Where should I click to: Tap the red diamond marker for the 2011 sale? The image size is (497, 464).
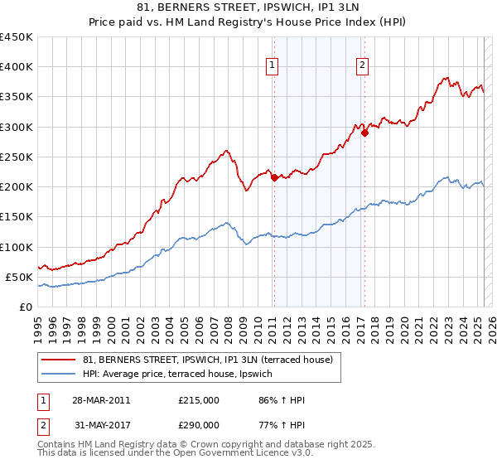click(274, 177)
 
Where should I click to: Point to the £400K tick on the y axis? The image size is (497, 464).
click(17, 67)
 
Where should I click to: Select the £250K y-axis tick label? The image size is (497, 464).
click(17, 157)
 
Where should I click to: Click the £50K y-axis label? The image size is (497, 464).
click(20, 277)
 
